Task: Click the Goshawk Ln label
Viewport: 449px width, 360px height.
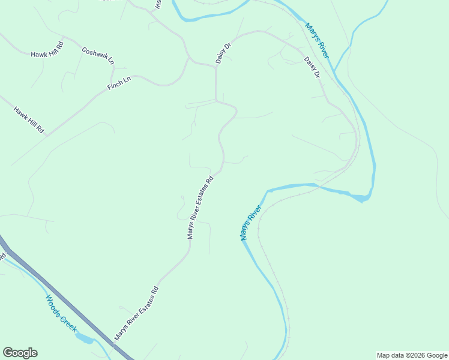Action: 98,55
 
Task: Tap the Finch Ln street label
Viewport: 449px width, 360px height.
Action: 119,83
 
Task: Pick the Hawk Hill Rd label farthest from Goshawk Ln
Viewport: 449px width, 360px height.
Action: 29,119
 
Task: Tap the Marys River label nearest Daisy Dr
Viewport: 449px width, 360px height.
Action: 316,40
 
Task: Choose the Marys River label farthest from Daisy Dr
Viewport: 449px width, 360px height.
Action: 251,223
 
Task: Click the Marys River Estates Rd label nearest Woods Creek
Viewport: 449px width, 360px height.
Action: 137,313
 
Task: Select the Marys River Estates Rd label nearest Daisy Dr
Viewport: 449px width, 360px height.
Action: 200,208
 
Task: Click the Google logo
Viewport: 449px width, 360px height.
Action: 20,353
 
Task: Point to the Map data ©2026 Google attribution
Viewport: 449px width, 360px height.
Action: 412,355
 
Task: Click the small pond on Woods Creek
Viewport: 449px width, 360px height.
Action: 85,339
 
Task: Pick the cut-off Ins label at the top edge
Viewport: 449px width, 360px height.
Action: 158,4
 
